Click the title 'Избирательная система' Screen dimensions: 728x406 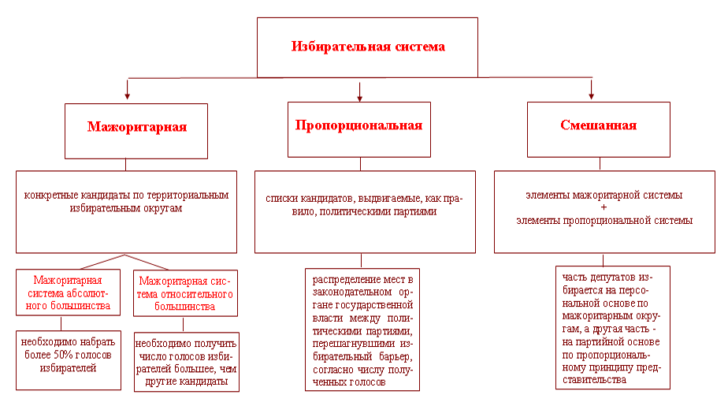tap(368, 47)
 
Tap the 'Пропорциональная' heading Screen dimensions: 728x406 tap(359, 125)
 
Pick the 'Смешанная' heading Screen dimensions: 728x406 tap(599, 125)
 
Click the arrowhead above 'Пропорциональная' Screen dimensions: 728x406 tap(360, 98)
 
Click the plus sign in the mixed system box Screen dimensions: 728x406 tap(604, 207)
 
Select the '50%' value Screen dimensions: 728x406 tap(66, 355)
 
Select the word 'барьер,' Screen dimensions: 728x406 tap(396, 357)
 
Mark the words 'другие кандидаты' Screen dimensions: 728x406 tap(187, 382)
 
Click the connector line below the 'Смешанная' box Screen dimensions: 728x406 tap(600, 164)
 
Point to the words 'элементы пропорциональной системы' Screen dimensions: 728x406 tap(604, 221)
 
